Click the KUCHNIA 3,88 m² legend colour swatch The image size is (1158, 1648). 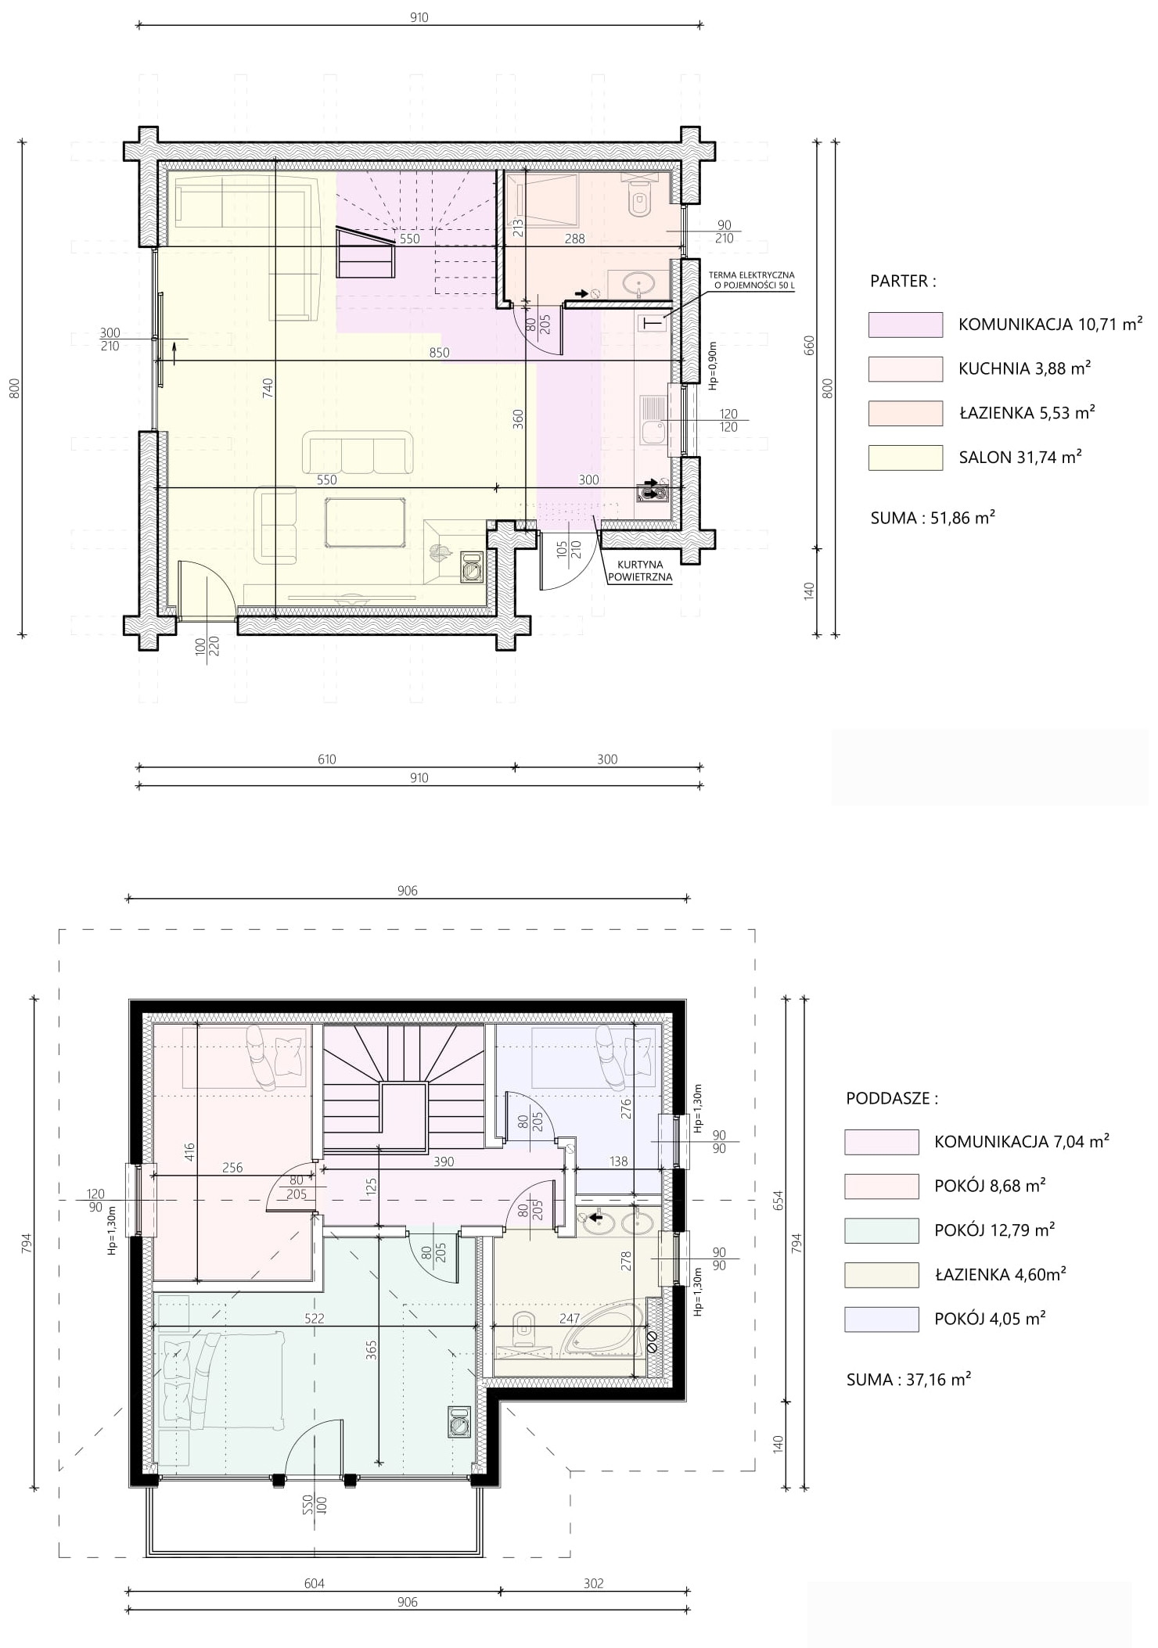(x=905, y=369)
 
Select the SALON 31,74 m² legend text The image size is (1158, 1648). (x=1020, y=457)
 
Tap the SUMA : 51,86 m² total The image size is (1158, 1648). (x=933, y=517)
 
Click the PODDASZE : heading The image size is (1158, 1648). (x=892, y=1098)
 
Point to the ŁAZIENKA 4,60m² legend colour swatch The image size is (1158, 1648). (x=881, y=1275)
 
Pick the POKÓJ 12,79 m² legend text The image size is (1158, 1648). (x=994, y=1230)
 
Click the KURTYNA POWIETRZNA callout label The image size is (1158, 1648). (x=640, y=571)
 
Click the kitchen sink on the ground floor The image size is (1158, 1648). (x=652, y=421)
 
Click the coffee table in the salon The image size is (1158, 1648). (x=365, y=522)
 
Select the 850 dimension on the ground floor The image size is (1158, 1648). (x=440, y=353)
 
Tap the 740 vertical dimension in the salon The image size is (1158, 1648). (x=268, y=388)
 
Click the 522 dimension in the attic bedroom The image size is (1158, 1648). (x=314, y=1318)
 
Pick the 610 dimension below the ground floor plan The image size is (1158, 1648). (x=326, y=759)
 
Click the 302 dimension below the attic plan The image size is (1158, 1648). (x=594, y=1583)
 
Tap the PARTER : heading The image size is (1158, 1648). (x=903, y=282)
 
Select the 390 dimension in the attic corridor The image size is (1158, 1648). (x=444, y=1161)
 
